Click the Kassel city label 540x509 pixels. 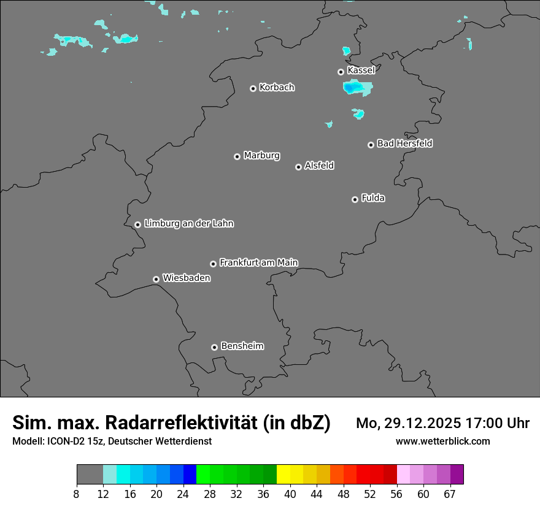point(361,71)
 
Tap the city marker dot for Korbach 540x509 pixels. point(253,88)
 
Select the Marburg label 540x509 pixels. point(261,156)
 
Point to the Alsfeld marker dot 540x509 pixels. point(298,167)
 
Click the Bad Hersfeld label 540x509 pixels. point(404,144)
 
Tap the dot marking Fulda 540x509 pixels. point(355,199)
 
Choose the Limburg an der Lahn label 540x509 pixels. point(188,223)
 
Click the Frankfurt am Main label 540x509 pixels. point(258,262)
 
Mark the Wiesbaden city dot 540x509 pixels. point(156,279)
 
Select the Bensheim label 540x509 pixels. point(242,346)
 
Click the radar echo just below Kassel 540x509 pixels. point(357,88)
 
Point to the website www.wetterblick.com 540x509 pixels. point(443,441)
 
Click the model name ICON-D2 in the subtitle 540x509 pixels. point(61,441)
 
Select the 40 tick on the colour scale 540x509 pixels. point(290,494)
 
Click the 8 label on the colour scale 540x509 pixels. point(77,494)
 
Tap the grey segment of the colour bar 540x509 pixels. point(90,475)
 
